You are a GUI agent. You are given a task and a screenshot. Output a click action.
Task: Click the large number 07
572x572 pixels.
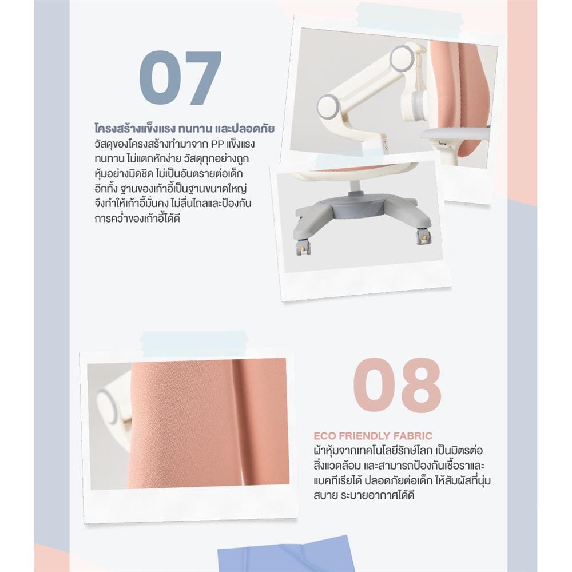click(x=180, y=77)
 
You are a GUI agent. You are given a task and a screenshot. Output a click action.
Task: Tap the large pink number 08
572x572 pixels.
click(x=398, y=385)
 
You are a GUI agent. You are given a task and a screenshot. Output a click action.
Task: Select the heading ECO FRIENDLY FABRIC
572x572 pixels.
click(x=373, y=436)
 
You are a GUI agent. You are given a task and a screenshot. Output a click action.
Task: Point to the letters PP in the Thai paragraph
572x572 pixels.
click(x=219, y=144)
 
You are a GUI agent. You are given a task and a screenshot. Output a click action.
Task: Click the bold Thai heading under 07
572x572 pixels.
click(x=185, y=129)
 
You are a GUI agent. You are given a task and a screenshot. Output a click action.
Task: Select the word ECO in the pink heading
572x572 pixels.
click(x=324, y=436)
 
